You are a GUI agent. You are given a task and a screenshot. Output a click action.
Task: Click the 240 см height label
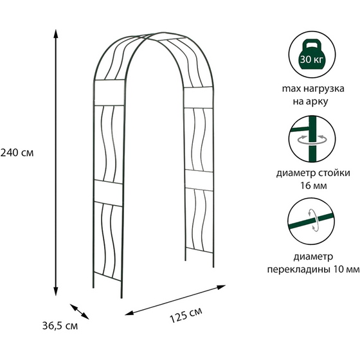click(x=17, y=153)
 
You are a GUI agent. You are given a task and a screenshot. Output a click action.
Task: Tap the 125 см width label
click(x=186, y=315)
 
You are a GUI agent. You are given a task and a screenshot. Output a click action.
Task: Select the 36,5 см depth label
click(x=60, y=326)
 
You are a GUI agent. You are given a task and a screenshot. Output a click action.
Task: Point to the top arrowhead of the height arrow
click(x=55, y=33)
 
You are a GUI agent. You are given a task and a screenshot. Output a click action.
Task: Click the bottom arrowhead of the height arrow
click(x=55, y=291)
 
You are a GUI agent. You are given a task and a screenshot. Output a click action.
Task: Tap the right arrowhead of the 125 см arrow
click(x=221, y=287)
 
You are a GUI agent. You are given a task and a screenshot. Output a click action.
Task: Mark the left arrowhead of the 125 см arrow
click(x=129, y=313)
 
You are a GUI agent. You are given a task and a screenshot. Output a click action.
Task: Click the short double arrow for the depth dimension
click(x=80, y=312)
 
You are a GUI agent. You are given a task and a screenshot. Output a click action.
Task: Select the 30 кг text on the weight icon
click(x=312, y=60)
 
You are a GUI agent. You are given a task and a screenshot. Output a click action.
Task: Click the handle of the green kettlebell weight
click(x=312, y=44)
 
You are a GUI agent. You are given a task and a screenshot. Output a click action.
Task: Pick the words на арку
click(x=310, y=102)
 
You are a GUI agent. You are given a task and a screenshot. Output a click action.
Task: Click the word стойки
click(x=334, y=173)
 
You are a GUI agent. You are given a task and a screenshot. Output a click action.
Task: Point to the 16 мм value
click(x=314, y=186)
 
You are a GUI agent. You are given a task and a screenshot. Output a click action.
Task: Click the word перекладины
click(x=299, y=269)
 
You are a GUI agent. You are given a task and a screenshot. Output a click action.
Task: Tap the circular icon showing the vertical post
click(x=312, y=139)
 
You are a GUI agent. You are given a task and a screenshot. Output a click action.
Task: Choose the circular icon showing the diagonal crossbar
click(x=312, y=222)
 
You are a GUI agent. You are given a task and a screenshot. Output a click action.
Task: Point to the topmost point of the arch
click(x=163, y=32)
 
